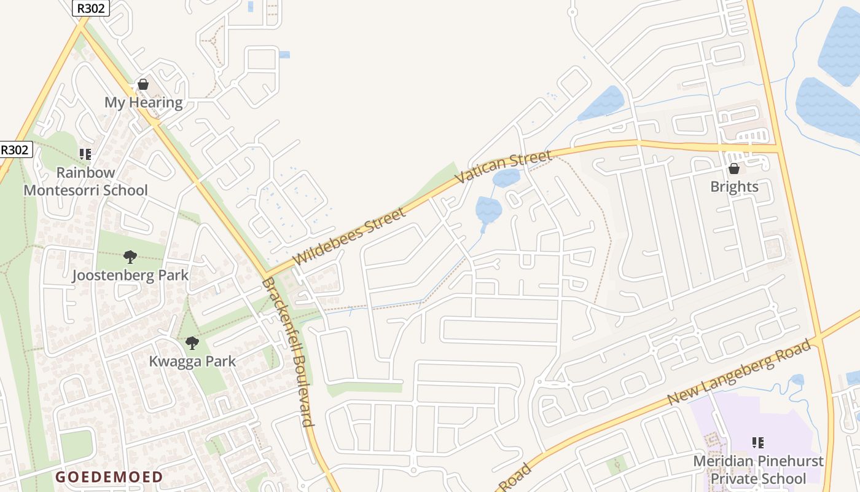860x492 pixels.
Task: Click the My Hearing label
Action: tap(143, 103)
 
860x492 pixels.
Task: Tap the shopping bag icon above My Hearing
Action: tap(143, 84)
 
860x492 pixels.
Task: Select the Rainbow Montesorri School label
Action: tap(85, 181)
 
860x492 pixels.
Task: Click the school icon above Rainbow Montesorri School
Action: tap(85, 154)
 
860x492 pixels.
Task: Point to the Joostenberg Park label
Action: tap(130, 275)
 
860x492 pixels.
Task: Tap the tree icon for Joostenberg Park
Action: tap(130, 256)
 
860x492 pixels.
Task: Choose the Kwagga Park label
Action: tap(192, 361)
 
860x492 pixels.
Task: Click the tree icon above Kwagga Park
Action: tap(192, 343)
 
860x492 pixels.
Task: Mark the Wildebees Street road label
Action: tap(350, 237)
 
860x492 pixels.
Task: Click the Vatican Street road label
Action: tap(503, 167)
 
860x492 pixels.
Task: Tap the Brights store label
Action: tap(734, 186)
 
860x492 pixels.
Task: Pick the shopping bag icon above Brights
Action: tap(733, 169)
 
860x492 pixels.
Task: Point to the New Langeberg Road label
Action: tap(740, 373)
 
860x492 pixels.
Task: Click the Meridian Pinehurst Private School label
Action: tap(758, 469)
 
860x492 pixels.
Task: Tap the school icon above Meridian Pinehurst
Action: tap(758, 443)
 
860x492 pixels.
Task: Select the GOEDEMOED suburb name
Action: tap(109, 477)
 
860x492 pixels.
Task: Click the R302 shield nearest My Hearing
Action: tap(91, 8)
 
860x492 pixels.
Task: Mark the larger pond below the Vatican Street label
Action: tap(488, 210)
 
